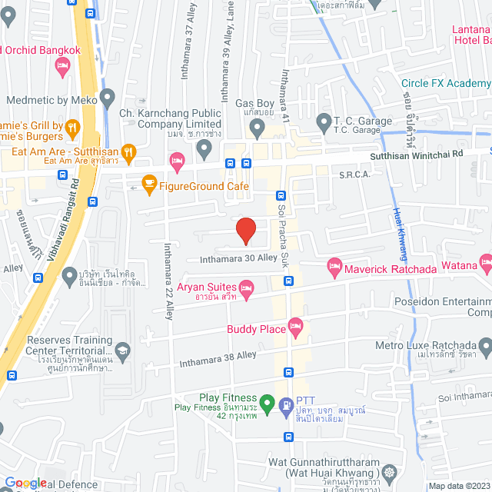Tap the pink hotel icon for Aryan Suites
click(246, 290)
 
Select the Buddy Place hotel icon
click(295, 329)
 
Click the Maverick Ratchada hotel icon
click(334, 267)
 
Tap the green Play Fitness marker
click(267, 402)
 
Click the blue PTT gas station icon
click(286, 402)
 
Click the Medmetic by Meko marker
click(108, 98)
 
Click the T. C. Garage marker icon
click(324, 122)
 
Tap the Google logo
click(25, 483)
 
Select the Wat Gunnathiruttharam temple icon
click(391, 470)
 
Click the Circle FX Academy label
click(445, 84)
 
